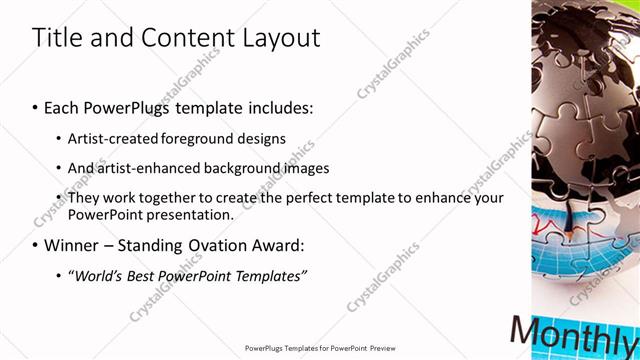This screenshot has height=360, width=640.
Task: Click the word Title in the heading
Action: coord(57,38)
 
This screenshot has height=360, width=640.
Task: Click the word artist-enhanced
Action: coord(150,168)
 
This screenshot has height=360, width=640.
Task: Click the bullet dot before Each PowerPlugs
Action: coord(35,107)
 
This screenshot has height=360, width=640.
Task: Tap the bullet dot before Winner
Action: coord(35,246)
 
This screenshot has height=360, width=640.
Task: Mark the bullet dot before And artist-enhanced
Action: coord(60,169)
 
